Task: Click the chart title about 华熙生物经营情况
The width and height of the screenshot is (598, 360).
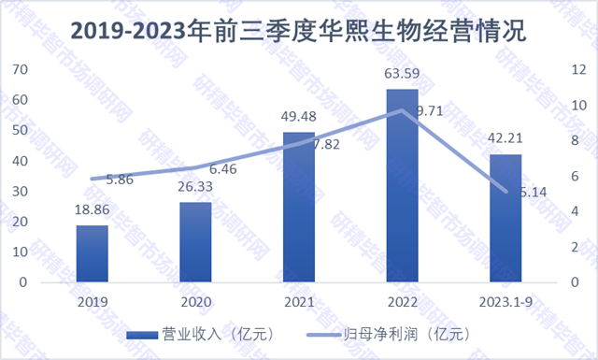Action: (298, 31)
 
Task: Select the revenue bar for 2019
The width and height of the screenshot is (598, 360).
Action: (92, 253)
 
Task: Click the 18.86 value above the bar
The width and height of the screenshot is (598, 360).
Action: (92, 209)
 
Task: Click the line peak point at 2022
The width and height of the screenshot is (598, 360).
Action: (402, 110)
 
